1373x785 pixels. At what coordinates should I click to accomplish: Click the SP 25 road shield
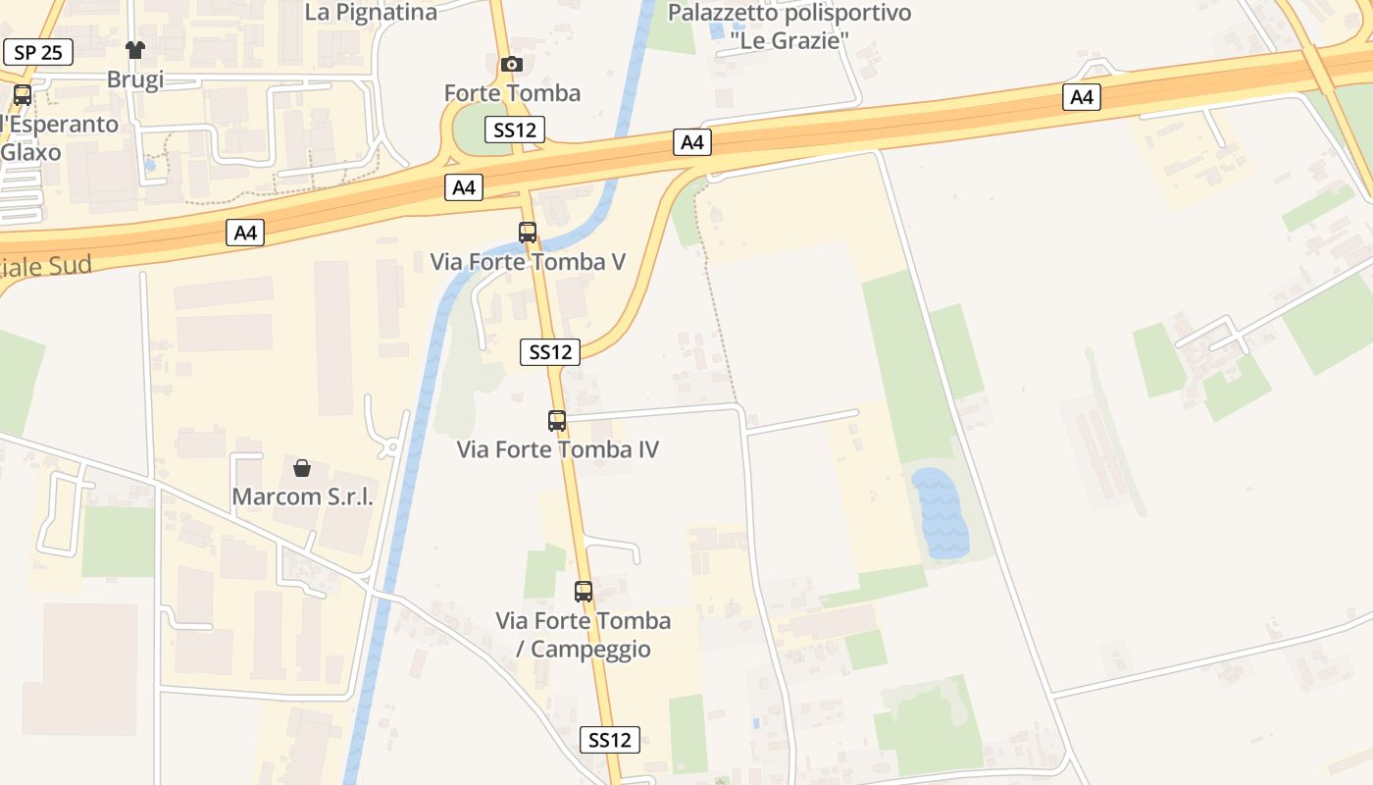click(x=38, y=52)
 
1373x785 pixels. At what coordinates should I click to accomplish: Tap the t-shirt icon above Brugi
click(x=135, y=50)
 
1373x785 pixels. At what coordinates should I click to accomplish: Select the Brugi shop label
click(x=135, y=79)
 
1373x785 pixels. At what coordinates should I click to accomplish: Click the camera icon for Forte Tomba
click(x=511, y=65)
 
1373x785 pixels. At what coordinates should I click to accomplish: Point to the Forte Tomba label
click(x=512, y=93)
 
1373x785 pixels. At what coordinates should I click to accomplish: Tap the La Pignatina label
click(x=371, y=13)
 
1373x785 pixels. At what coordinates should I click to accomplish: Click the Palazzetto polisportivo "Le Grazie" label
click(x=788, y=26)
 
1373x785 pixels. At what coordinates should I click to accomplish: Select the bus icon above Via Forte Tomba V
click(x=528, y=233)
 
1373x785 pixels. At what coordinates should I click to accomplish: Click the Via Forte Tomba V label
click(x=528, y=262)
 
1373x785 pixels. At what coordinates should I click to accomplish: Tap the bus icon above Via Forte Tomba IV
click(x=557, y=421)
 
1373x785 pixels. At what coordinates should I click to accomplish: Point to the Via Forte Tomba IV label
click(x=557, y=449)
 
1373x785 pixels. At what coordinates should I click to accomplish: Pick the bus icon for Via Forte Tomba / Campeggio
click(x=584, y=592)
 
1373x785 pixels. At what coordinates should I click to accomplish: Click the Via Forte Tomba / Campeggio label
click(x=584, y=634)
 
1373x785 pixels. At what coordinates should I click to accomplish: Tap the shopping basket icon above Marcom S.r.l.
click(x=302, y=468)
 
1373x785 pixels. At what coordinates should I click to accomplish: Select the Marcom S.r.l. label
click(x=302, y=497)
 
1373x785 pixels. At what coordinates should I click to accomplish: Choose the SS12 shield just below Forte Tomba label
click(x=514, y=130)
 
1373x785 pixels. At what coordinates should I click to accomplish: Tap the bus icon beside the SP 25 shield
click(x=22, y=95)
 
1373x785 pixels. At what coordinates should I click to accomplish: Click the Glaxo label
click(x=30, y=152)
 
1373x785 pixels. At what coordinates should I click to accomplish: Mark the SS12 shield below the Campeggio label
click(x=610, y=740)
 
